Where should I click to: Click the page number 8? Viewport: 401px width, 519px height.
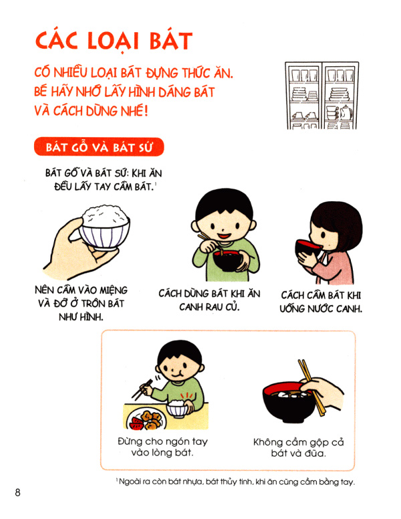click(x=18, y=494)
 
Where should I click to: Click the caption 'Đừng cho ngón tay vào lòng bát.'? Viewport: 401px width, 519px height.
click(x=154, y=448)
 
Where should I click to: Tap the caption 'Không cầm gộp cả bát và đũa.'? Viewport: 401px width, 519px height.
click(x=299, y=448)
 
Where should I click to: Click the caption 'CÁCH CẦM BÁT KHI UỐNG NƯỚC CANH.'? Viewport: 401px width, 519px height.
click(x=321, y=302)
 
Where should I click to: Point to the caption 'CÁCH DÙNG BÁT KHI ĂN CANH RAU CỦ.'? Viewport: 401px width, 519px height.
click(x=209, y=300)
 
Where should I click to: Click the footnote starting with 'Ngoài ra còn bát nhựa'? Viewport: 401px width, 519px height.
click(x=235, y=483)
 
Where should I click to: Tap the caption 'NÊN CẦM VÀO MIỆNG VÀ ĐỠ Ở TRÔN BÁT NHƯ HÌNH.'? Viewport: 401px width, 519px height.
click(x=80, y=302)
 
